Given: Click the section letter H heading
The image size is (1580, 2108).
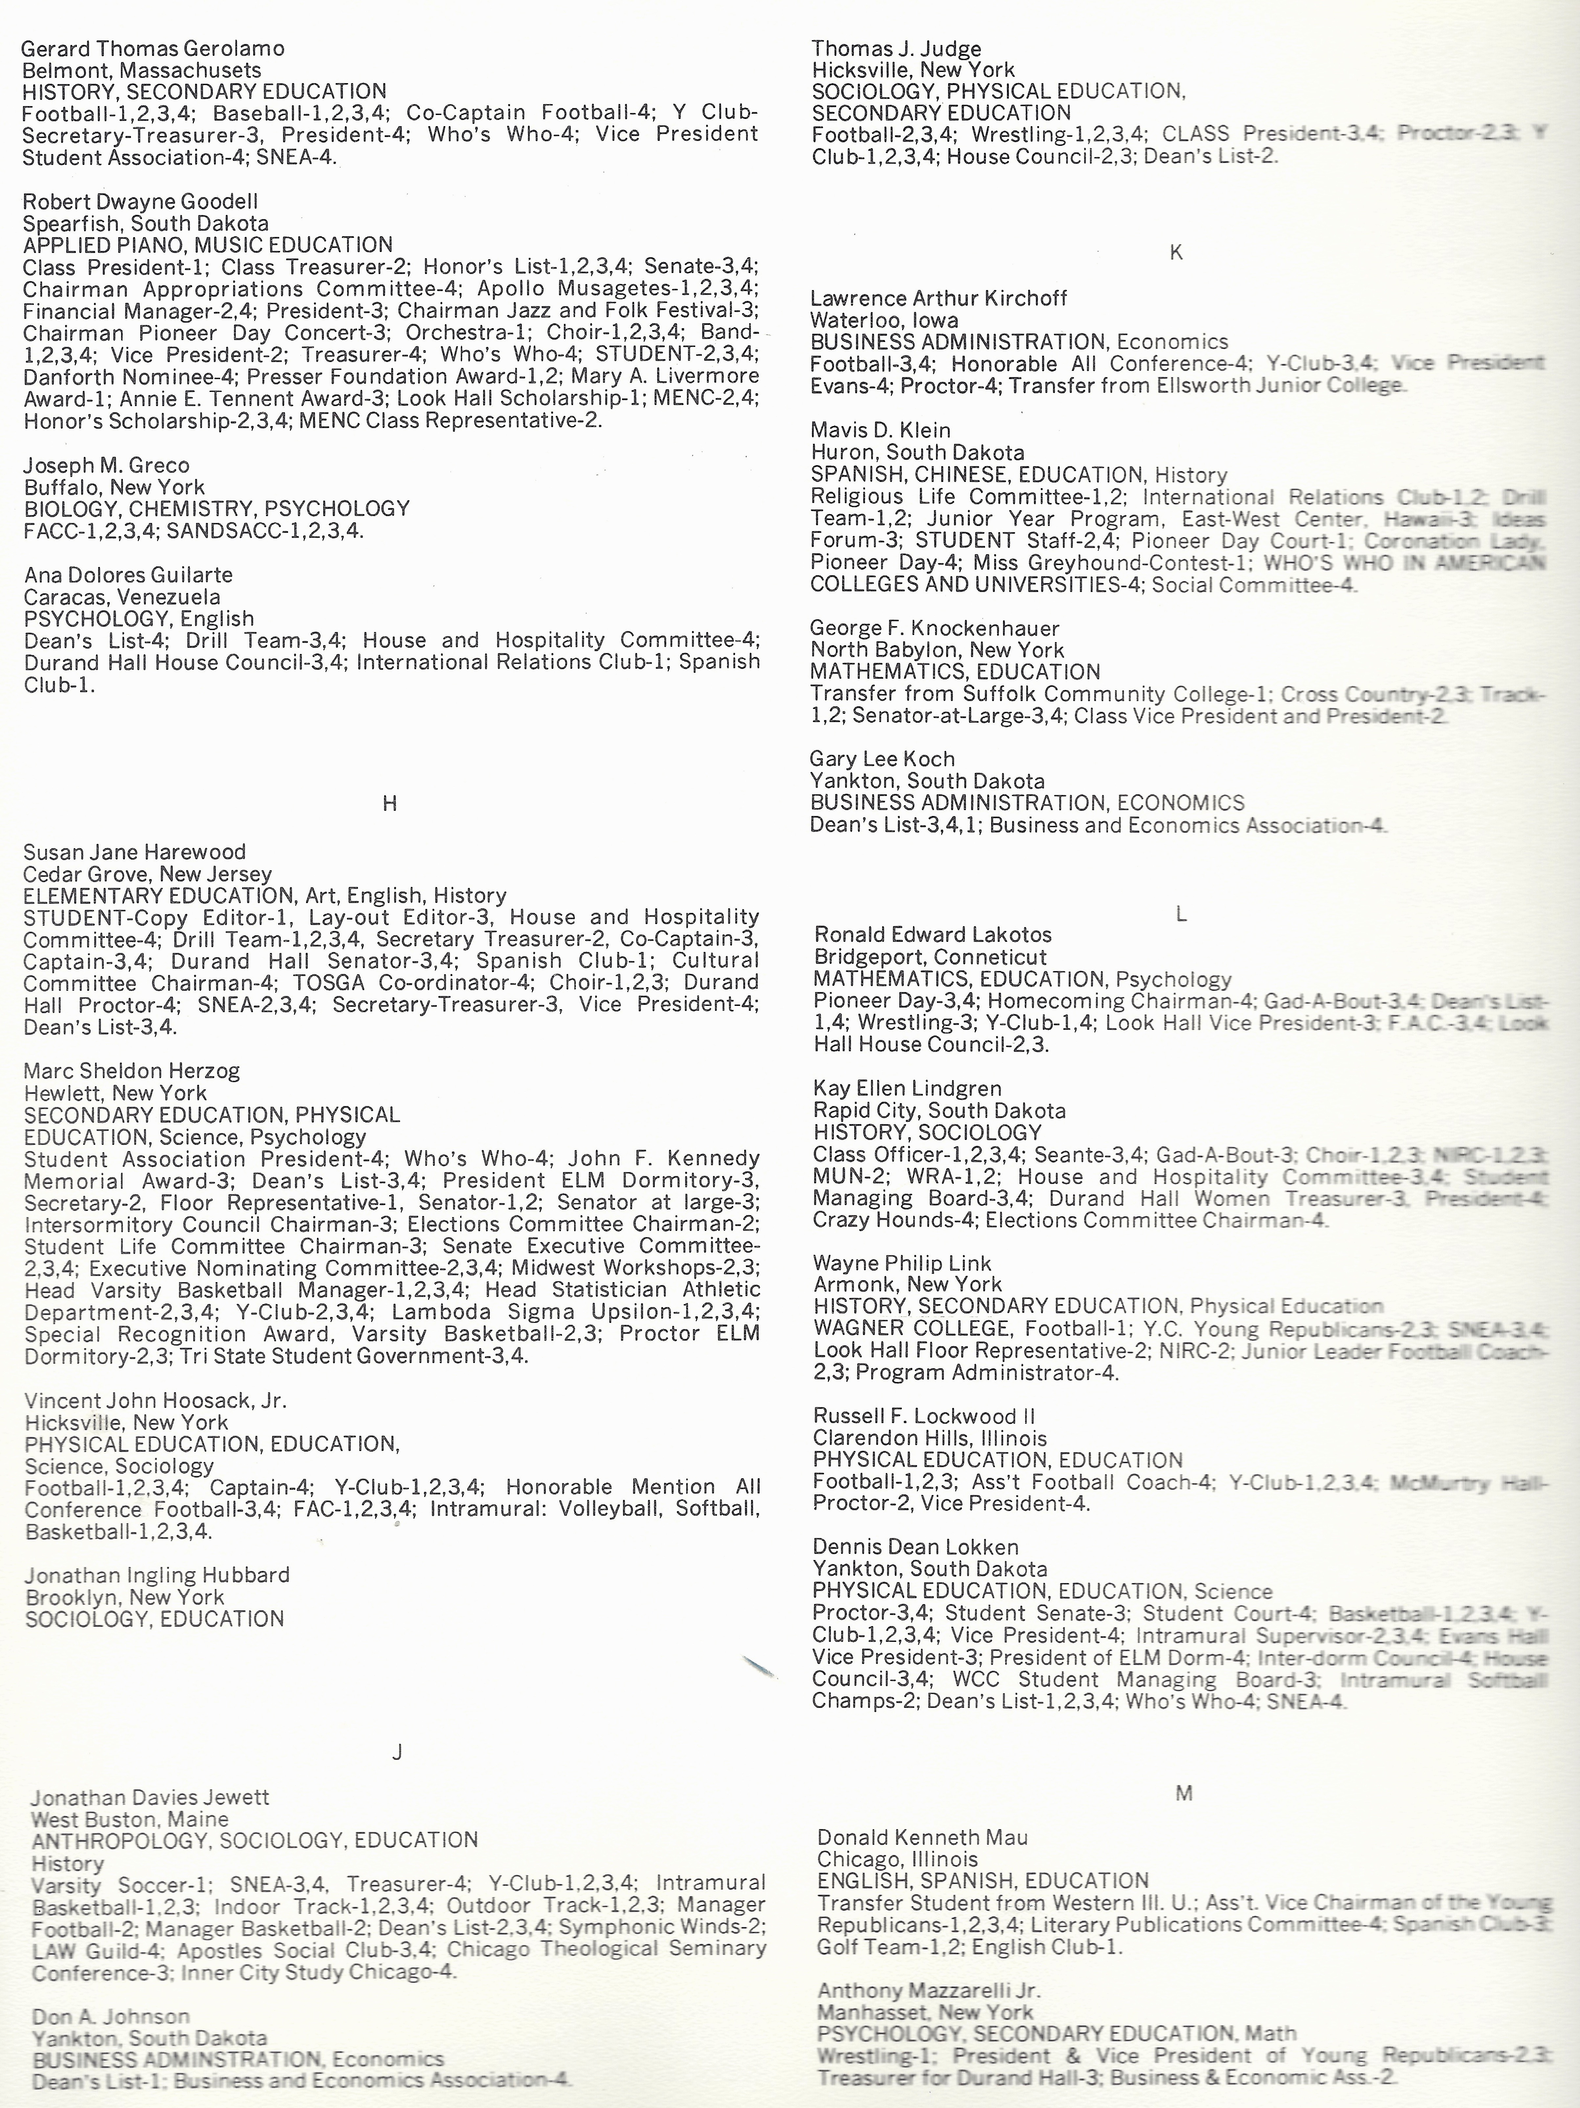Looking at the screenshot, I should (x=389, y=804).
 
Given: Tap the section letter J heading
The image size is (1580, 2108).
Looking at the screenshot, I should (x=397, y=1752).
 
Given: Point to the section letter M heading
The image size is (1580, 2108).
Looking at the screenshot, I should (x=1184, y=1794).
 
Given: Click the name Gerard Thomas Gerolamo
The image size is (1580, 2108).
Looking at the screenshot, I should (x=152, y=49).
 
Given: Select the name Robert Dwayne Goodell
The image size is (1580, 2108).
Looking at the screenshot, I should (x=140, y=202).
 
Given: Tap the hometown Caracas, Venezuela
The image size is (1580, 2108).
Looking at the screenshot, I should (x=122, y=598).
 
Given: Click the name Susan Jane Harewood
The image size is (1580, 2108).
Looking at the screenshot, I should (x=134, y=852).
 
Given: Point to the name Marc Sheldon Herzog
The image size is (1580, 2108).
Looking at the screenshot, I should (x=131, y=1071).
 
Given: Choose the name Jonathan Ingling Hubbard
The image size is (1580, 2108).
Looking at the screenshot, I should (x=157, y=1575).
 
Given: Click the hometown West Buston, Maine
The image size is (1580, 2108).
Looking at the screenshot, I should (x=129, y=1819).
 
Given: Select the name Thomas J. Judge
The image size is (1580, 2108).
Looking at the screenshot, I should (x=896, y=49).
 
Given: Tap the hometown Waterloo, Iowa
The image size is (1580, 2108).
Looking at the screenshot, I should (x=883, y=320).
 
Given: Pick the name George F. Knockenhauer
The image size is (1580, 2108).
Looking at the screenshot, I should (x=934, y=628).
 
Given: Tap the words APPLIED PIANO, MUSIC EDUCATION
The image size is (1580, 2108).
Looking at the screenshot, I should (x=208, y=245).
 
